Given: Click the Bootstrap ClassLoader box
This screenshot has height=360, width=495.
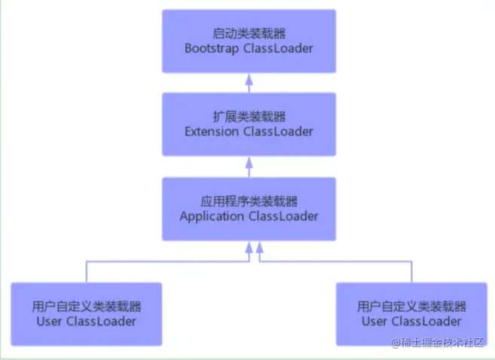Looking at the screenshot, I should [249, 41].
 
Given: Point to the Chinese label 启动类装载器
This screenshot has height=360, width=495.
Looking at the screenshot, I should [249, 34].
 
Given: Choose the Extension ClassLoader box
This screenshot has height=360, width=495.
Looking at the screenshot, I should [249, 124].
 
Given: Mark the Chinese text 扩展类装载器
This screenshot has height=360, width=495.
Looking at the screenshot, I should [249, 117].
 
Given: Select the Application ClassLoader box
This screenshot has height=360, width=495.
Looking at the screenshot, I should [249, 209].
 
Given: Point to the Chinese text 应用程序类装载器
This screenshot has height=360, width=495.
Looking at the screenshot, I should [249, 202].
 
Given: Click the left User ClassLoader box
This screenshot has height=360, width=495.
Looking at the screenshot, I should [86, 314].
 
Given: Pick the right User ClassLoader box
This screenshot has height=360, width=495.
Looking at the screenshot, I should [411, 314].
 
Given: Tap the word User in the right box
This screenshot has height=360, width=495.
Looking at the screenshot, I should [374, 322].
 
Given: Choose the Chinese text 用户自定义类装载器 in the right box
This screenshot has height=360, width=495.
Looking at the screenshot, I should [411, 307].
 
